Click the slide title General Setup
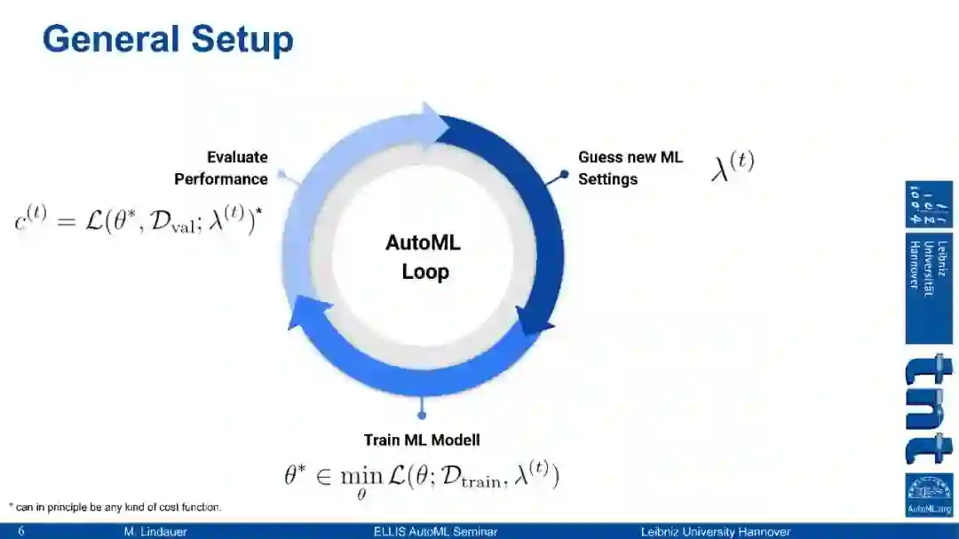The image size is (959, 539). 168,41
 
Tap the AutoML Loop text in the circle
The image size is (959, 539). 424,258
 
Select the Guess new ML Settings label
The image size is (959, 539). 630,168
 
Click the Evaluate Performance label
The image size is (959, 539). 221,168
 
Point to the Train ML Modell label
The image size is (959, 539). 422,440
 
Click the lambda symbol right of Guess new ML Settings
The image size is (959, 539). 733,166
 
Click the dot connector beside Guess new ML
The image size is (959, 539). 564,177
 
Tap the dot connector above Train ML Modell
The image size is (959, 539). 422,415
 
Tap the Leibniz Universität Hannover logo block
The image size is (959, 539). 929,263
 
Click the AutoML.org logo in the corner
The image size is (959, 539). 929,495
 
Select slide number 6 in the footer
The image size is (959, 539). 20,532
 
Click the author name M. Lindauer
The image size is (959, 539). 155,532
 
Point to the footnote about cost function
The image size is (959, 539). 115,507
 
